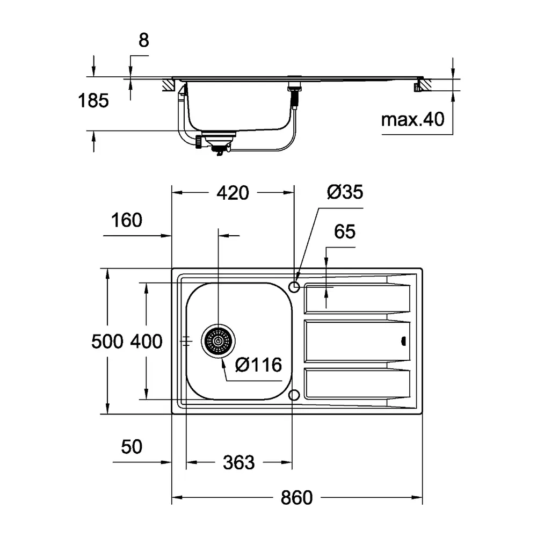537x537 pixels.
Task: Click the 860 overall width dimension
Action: coord(296,498)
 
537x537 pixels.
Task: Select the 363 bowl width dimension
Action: coord(239,462)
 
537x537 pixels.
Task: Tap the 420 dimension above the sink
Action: coord(233,193)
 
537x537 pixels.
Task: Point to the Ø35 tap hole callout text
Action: coord(345,192)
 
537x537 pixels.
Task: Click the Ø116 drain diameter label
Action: coord(259,365)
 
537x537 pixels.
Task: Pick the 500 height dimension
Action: coord(107,342)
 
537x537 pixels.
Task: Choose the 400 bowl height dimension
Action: coord(146,342)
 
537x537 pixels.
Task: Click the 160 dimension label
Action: coord(126,220)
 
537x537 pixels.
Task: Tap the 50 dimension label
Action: coord(132,447)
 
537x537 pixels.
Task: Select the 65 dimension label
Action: coord(345,231)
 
